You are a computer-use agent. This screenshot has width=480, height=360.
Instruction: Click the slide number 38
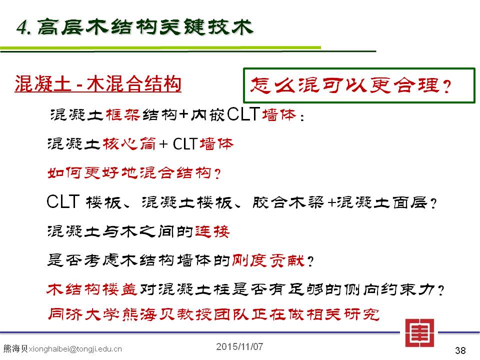[x=460, y=350]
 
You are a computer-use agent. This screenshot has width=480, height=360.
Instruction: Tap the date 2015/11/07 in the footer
[x=239, y=346]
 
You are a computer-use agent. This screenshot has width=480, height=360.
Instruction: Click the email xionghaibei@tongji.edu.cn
[x=75, y=349]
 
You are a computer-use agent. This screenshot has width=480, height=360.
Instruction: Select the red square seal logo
[x=419, y=333]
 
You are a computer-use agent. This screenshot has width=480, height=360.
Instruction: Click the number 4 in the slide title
[x=22, y=27]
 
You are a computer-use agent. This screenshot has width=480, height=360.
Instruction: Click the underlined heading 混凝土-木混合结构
[x=98, y=84]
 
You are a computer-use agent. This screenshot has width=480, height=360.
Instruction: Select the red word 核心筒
[x=129, y=143]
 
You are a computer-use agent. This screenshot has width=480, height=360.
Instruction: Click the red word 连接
[x=212, y=231]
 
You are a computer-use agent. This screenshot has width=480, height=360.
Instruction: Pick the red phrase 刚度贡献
[x=268, y=261]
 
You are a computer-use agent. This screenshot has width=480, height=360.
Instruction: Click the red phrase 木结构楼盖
[x=91, y=289]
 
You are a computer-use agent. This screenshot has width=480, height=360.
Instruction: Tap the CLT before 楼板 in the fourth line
[x=63, y=201]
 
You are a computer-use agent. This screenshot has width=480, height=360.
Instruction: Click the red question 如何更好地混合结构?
[x=134, y=173]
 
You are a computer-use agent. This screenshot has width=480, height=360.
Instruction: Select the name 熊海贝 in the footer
[x=15, y=348]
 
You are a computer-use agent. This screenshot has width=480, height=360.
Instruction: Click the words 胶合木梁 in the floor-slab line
[x=288, y=202]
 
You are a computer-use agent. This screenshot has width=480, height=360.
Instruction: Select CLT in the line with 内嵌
[x=243, y=114]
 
